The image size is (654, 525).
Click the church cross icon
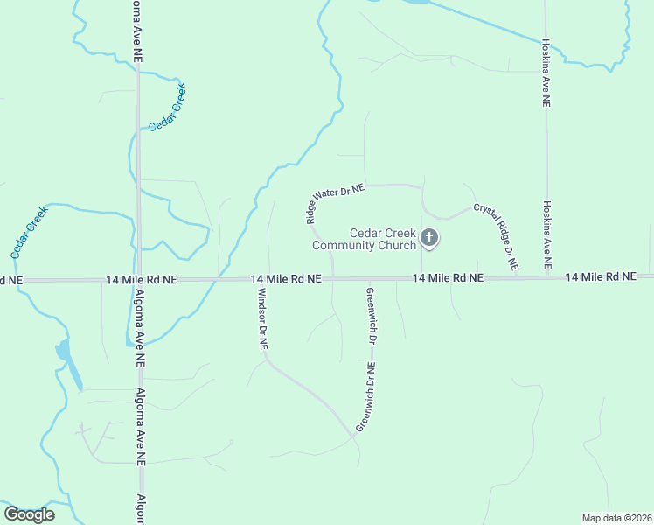[x=429, y=237]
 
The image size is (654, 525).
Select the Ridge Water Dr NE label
[x=335, y=203]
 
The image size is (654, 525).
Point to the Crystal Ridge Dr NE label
[x=496, y=235]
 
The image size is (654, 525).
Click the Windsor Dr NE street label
[x=261, y=320]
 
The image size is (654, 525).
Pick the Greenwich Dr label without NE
[x=371, y=315]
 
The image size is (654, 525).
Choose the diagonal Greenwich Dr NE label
[x=365, y=397]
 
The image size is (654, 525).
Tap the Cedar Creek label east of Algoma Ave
[x=167, y=109]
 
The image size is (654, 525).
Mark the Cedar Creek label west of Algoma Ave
[x=29, y=231]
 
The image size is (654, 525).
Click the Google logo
[x=29, y=514]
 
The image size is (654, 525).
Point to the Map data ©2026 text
[x=616, y=518]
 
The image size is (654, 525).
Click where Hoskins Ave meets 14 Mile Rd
[x=547, y=277]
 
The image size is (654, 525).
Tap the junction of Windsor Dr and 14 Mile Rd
[x=268, y=279]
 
